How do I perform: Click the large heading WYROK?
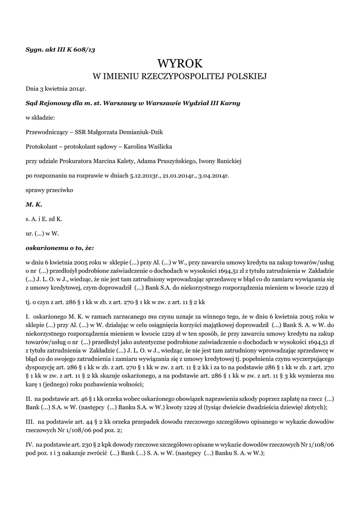click(180, 63)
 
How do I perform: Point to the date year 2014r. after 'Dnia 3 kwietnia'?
click(77, 89)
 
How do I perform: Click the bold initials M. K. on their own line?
click(34, 204)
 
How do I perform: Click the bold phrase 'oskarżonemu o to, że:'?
click(59, 247)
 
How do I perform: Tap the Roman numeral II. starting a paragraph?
click(29, 399)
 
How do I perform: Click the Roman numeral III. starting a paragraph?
click(29, 421)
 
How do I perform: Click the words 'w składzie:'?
click(40, 118)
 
